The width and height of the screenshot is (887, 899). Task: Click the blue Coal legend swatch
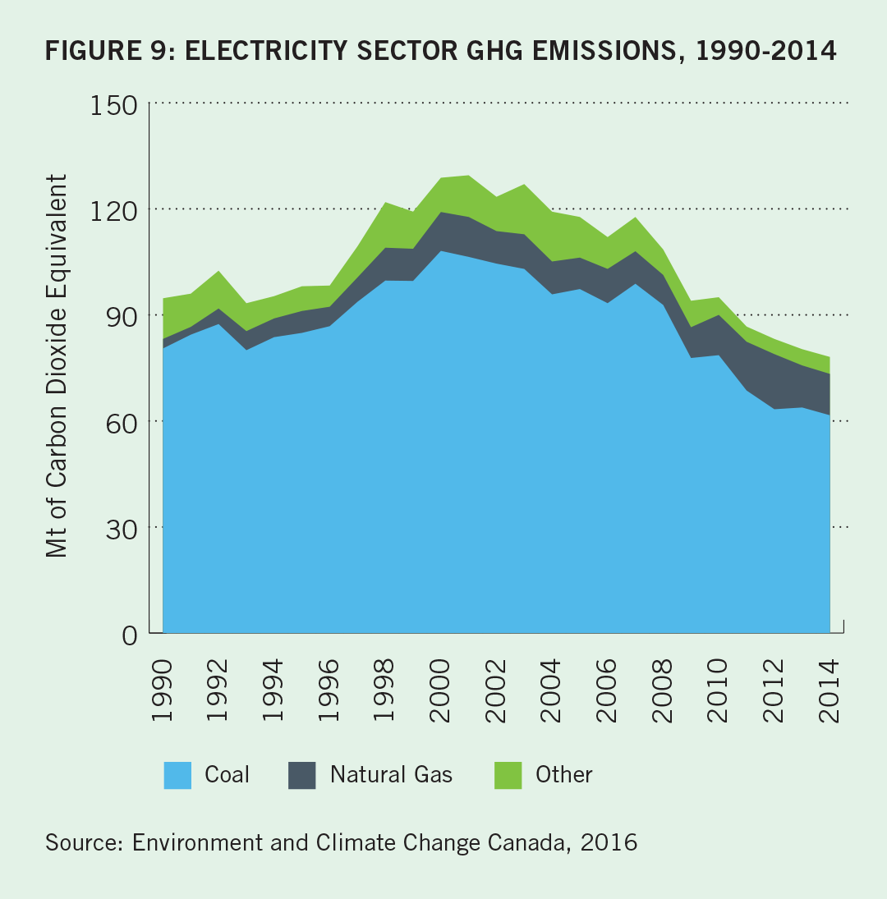point(177,775)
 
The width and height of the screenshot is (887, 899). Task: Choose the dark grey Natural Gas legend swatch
point(302,775)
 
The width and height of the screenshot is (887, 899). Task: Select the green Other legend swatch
point(508,775)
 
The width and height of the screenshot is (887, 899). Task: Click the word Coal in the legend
point(227,774)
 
